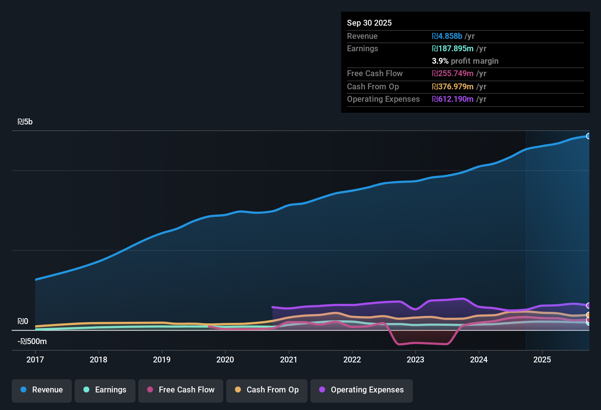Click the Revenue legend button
[x=42, y=390]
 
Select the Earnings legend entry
[x=105, y=390]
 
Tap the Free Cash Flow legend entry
[x=181, y=390]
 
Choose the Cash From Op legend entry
[x=267, y=390]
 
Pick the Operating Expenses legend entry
[x=362, y=390]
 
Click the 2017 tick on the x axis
[x=35, y=359]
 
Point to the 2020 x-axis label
[x=225, y=359]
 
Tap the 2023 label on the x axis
[x=415, y=359]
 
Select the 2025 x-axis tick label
[x=542, y=359]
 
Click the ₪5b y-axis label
[x=25, y=122]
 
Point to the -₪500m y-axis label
[x=32, y=342]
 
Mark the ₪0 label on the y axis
[x=23, y=321]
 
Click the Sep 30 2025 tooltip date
[x=369, y=23]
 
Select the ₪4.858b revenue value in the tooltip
[x=447, y=36]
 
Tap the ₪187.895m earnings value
[x=453, y=48]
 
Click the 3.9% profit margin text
[x=465, y=61]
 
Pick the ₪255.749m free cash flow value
[x=453, y=73]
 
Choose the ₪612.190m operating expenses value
[x=453, y=99]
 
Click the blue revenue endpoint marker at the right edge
[x=588, y=136]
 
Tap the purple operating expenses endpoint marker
[x=588, y=305]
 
